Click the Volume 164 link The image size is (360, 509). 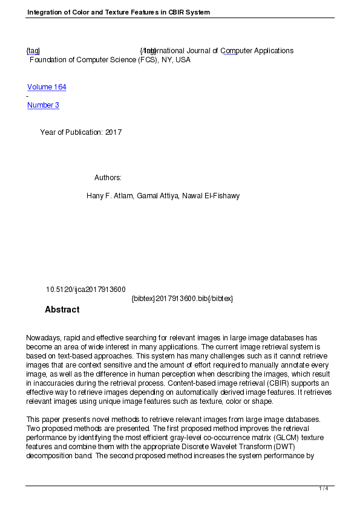click(x=47, y=87)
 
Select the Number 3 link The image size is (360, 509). click(x=43, y=105)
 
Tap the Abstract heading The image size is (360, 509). click(x=62, y=310)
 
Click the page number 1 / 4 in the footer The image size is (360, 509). click(x=324, y=488)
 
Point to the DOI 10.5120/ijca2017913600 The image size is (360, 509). click(x=86, y=290)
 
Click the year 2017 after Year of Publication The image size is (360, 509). click(x=113, y=132)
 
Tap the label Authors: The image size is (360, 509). click(x=108, y=178)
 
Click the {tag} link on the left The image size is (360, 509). click(x=33, y=51)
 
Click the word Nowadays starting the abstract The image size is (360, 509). click(x=44, y=338)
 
